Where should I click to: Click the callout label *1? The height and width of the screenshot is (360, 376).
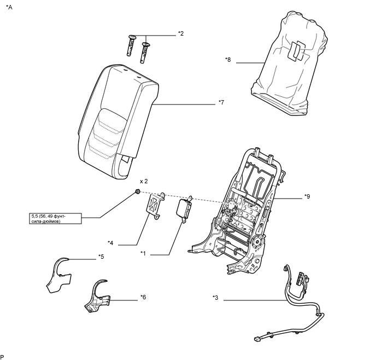[x=143, y=253]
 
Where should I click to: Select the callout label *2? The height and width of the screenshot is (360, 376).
[x=181, y=33]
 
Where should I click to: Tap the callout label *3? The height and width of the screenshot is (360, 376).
[x=215, y=298]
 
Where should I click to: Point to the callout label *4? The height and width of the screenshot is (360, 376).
[x=110, y=243]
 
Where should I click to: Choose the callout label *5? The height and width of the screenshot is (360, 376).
[x=101, y=257]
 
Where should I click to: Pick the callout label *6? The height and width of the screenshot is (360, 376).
[x=143, y=297]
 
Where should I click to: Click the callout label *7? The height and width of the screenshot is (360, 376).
[x=221, y=102]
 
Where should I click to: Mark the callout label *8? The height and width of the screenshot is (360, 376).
[x=228, y=60]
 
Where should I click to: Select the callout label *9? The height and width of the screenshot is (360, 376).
[x=307, y=196]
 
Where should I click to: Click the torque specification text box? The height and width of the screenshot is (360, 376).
[x=55, y=219]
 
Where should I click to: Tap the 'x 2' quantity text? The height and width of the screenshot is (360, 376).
[x=144, y=182]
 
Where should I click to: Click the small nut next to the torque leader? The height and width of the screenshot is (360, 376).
[x=138, y=191]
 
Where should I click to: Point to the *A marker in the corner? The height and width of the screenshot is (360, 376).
[x=9, y=7]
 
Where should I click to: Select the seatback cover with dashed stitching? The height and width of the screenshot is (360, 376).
[x=118, y=122]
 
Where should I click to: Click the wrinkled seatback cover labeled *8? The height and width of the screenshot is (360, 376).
[x=290, y=63]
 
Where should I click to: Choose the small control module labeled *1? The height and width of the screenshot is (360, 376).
[x=184, y=209]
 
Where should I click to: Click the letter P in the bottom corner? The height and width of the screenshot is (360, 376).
[x=2, y=357]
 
